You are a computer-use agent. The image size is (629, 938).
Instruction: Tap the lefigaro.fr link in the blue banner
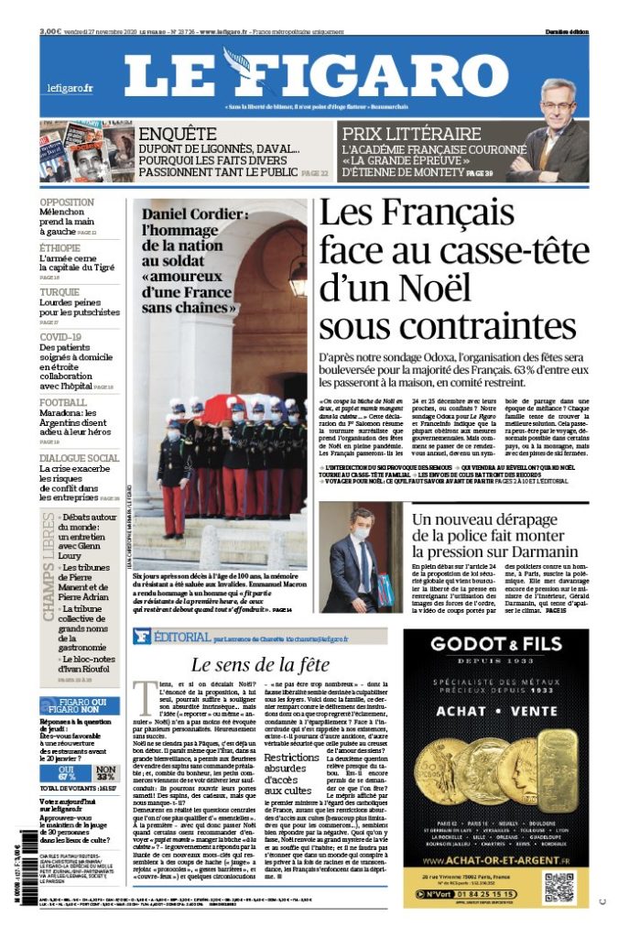click(70, 88)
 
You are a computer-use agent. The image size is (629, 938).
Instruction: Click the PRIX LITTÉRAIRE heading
click(411, 134)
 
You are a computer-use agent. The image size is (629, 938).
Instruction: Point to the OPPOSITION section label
click(66, 202)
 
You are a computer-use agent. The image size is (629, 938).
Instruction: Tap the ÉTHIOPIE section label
click(60, 248)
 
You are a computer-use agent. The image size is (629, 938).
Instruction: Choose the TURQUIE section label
click(60, 292)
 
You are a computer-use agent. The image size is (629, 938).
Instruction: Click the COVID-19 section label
click(61, 336)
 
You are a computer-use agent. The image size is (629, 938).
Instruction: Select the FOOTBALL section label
click(63, 402)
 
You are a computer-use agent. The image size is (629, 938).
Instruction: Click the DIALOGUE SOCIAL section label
click(79, 458)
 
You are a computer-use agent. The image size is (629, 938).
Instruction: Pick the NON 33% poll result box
click(106, 774)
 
